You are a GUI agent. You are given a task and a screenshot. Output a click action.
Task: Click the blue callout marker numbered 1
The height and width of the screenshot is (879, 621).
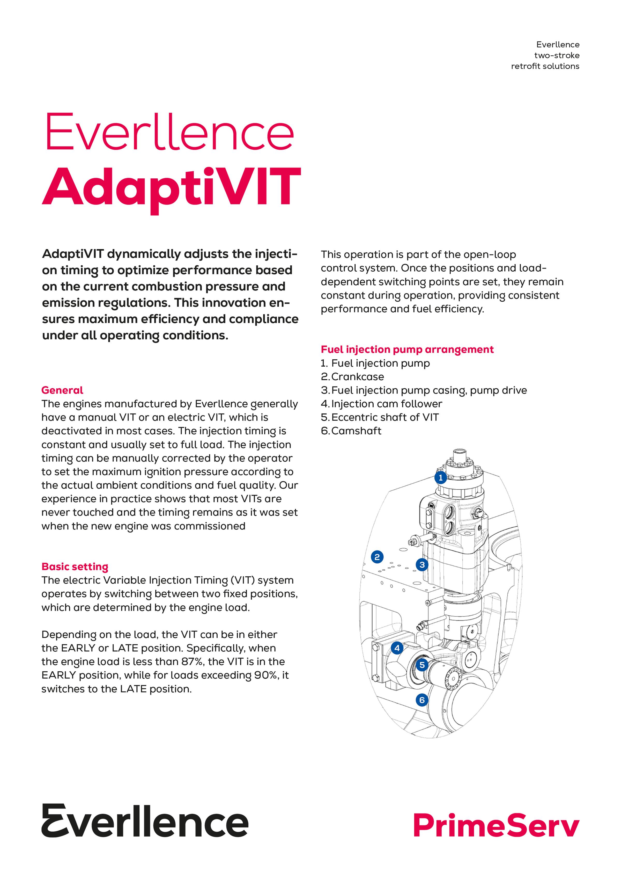click(441, 477)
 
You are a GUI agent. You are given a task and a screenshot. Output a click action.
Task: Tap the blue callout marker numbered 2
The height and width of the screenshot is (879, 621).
click(377, 557)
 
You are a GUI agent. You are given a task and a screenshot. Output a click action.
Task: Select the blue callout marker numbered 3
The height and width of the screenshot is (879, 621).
click(422, 564)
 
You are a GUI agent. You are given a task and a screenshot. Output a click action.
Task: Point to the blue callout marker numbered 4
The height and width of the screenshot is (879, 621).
click(397, 648)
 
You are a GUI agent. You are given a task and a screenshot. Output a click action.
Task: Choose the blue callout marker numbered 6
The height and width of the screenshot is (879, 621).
click(422, 700)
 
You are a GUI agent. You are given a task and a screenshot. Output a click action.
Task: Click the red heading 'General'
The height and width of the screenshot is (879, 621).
click(62, 390)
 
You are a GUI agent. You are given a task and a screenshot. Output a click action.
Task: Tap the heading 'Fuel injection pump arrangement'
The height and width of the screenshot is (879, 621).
click(407, 349)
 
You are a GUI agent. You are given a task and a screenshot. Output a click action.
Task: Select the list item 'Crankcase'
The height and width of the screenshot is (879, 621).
click(357, 377)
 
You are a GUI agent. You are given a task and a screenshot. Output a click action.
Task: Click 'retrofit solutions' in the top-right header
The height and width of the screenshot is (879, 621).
click(545, 66)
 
